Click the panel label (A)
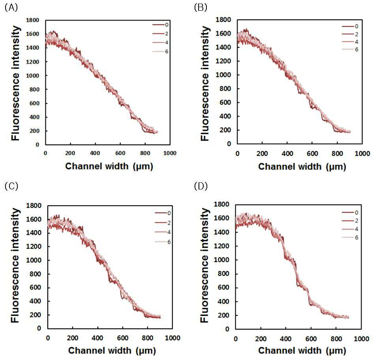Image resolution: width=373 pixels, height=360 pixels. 11,8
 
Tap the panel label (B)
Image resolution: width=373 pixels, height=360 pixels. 201,8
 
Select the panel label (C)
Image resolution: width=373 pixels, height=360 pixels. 11,186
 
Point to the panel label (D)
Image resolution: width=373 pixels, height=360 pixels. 201,186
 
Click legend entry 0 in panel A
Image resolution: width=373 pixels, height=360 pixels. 160,25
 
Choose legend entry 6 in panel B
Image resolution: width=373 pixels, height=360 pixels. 350,49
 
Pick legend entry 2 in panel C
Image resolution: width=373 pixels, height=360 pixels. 163,223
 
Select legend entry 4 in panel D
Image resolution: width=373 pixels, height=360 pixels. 350,229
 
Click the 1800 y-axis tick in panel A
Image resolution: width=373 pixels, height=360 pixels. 33,20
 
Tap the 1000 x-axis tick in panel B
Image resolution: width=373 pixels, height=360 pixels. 362,154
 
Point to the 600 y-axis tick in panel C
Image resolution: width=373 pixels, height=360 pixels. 35,287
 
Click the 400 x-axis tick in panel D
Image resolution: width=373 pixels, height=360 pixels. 286,339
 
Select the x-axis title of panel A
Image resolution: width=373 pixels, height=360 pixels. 109,166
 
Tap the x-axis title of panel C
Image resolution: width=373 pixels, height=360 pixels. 112,351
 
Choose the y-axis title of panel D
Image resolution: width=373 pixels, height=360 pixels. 204,265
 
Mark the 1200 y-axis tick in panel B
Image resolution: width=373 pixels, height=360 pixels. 223,61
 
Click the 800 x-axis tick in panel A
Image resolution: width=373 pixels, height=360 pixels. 145,153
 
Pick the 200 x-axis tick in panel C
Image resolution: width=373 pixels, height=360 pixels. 73,338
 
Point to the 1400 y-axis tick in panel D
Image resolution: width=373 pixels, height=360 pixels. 221,232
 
